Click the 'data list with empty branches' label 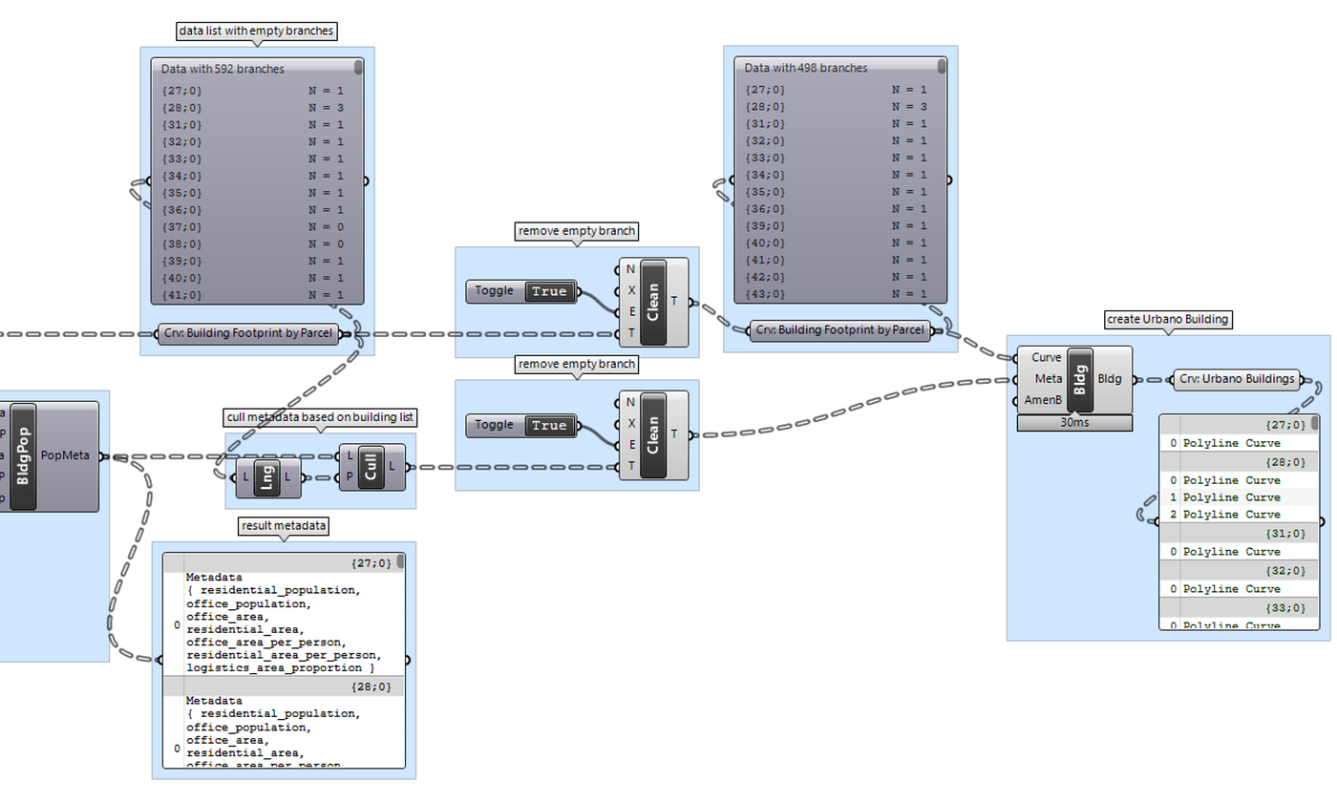click(x=257, y=31)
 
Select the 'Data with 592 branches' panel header click(x=223, y=69)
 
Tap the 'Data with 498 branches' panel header click(x=805, y=68)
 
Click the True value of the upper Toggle click(x=549, y=291)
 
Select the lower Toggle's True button click(x=549, y=425)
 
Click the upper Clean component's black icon click(x=653, y=301)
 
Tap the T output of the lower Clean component click(x=675, y=434)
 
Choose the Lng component click(x=268, y=477)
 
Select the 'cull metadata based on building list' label click(x=320, y=417)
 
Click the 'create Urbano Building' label click(x=1168, y=318)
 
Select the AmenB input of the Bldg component click(x=1045, y=400)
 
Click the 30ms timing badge click(x=1074, y=422)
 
